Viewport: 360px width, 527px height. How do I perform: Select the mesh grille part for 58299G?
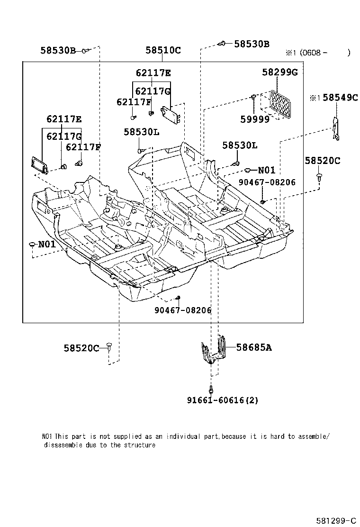point(280,103)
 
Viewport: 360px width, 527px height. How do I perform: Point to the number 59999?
point(254,119)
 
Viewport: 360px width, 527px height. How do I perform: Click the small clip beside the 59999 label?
point(254,98)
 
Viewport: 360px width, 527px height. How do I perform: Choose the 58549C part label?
point(341,98)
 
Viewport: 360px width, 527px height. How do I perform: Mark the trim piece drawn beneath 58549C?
point(337,129)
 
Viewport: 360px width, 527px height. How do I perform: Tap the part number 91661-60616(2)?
point(222,400)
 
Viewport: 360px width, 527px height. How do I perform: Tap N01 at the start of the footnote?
point(47,436)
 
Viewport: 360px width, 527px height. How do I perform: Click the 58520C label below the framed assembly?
point(81,348)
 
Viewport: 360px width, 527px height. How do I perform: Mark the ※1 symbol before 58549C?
point(315,98)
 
